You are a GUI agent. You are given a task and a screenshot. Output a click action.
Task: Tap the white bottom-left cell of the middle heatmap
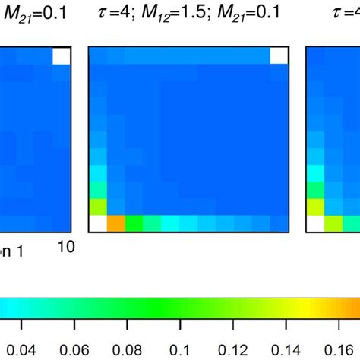(x=98, y=223)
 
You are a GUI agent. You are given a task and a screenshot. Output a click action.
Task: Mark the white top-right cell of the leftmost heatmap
(x=62, y=56)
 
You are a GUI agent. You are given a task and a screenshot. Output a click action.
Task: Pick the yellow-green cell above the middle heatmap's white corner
(x=98, y=205)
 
